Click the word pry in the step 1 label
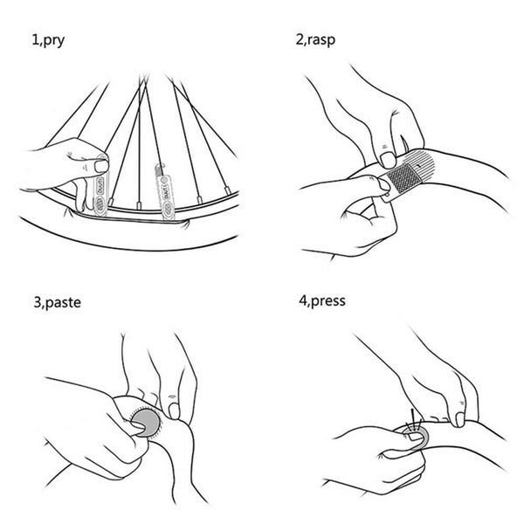(54, 41)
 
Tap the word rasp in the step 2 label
(321, 40)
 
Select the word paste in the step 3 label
(63, 303)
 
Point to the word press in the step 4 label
(328, 301)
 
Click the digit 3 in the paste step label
(38, 302)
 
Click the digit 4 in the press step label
(303, 300)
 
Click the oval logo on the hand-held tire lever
(100, 203)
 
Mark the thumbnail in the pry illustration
(101, 166)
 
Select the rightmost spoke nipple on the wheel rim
(228, 190)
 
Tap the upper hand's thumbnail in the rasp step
(388, 161)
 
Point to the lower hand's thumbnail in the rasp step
(383, 184)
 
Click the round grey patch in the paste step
(146, 423)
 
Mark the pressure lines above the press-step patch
(414, 419)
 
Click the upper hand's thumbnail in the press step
(460, 420)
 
